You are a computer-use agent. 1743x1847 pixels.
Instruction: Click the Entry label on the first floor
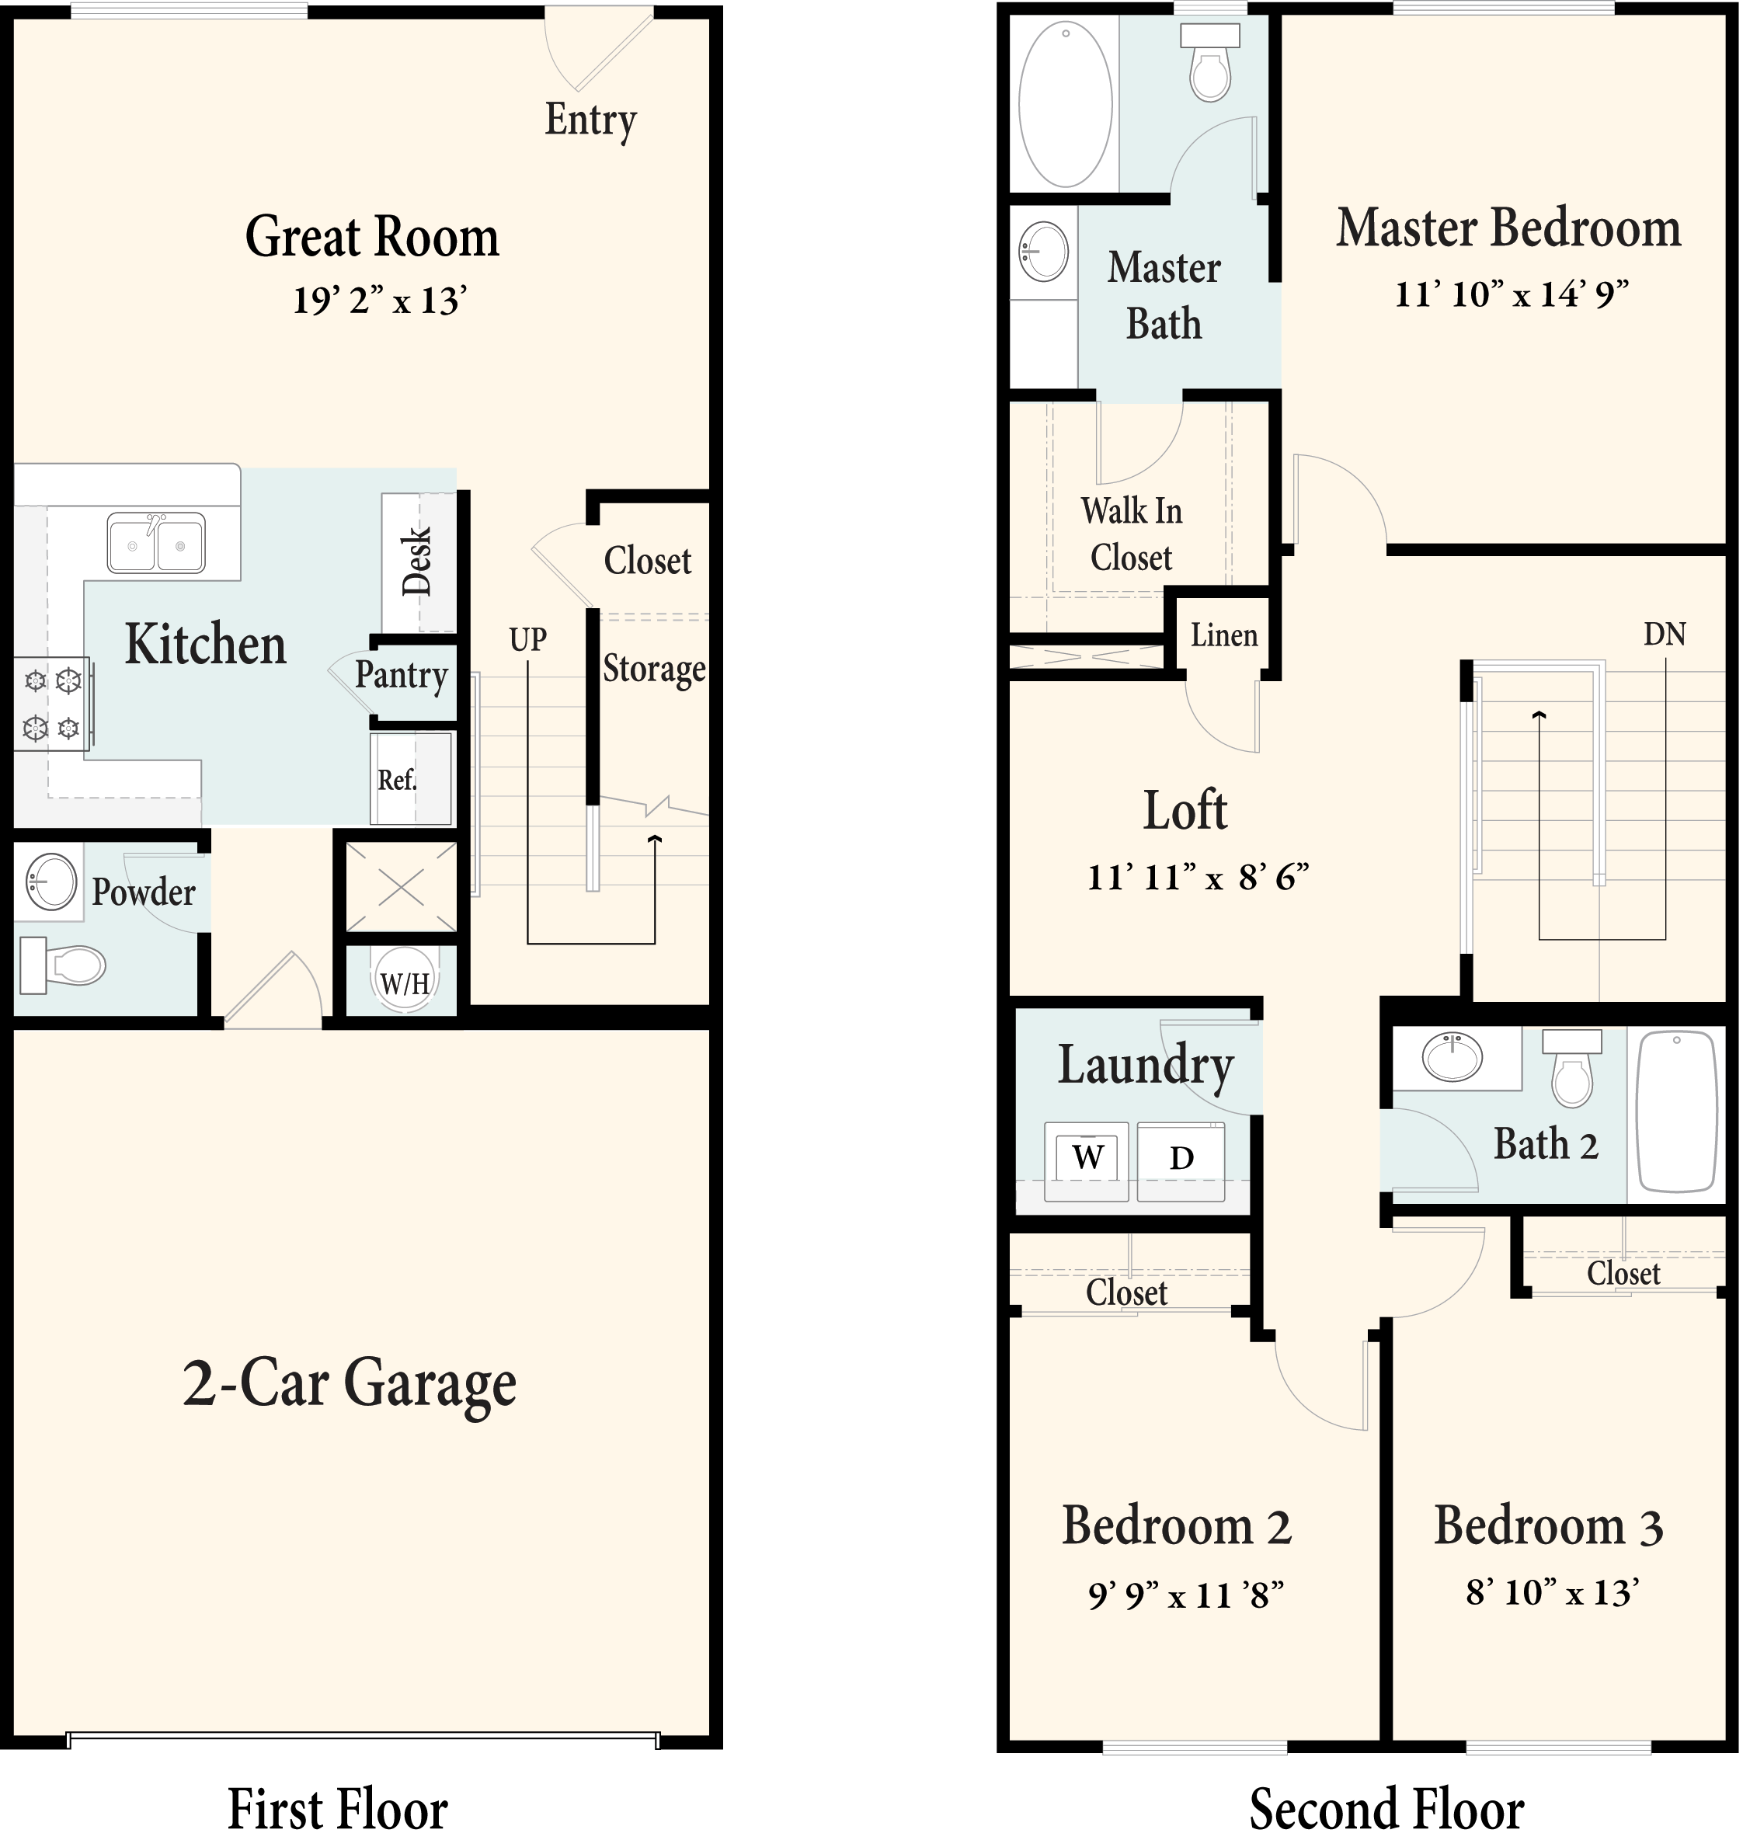pyautogui.click(x=590, y=121)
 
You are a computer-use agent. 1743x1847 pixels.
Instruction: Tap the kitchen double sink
pyautogui.click(x=156, y=543)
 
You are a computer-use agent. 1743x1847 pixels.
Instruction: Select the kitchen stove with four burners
pyautogui.click(x=52, y=704)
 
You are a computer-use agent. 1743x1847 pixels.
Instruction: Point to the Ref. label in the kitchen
pyautogui.click(x=397, y=780)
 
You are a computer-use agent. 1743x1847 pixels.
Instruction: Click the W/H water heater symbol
pyautogui.click(x=404, y=981)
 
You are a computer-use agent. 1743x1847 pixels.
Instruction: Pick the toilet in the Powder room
pyautogui.click(x=63, y=965)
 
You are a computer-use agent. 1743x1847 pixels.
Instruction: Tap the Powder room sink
pyautogui.click(x=51, y=882)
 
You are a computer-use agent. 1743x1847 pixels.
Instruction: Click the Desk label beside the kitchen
pyautogui.click(x=417, y=561)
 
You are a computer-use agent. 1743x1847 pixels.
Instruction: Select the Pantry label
pyautogui.click(x=402, y=676)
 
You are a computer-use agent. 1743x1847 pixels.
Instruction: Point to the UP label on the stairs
pyautogui.click(x=527, y=639)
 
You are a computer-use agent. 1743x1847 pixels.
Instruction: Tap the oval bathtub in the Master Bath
pyautogui.click(x=1066, y=104)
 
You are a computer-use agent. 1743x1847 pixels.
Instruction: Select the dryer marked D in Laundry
pyautogui.click(x=1181, y=1161)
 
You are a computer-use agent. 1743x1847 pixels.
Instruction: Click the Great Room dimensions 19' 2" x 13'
pyautogui.click(x=379, y=301)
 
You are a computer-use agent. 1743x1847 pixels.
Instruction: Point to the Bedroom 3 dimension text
pyautogui.click(x=1552, y=1592)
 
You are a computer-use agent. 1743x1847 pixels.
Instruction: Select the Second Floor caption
pyautogui.click(x=1386, y=1810)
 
